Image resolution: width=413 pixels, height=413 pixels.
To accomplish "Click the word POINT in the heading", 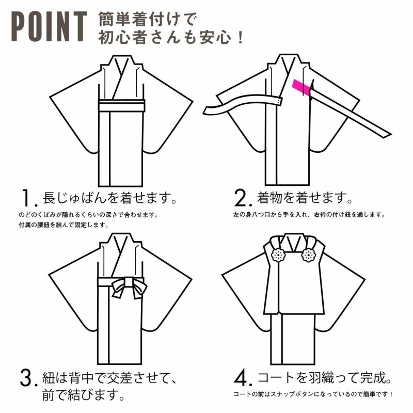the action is click(x=49, y=26).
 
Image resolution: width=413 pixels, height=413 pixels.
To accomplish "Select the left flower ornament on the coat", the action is click(x=278, y=255).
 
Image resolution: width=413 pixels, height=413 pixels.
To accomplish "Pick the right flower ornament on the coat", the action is click(x=308, y=255).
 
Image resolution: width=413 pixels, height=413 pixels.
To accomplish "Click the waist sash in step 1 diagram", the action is click(x=122, y=105).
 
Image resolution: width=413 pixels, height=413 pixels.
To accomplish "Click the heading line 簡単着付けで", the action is click(x=148, y=19).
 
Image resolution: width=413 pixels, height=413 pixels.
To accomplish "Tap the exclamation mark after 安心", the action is click(x=240, y=38).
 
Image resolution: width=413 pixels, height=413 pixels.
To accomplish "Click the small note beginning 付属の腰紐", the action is click(x=63, y=225).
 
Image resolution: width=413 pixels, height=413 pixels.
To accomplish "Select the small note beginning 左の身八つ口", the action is click(x=309, y=215).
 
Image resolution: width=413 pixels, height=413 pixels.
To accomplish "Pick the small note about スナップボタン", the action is click(x=313, y=394).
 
